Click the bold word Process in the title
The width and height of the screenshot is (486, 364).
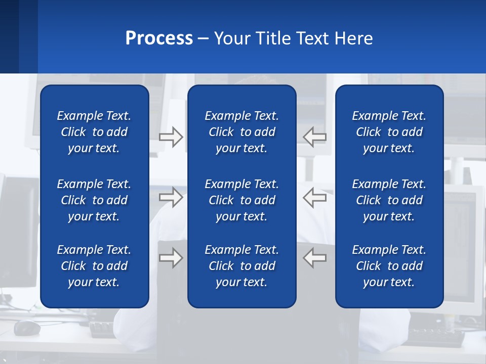tap(159, 38)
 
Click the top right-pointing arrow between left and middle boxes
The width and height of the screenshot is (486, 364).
tap(171, 137)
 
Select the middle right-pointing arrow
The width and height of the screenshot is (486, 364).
tap(171, 197)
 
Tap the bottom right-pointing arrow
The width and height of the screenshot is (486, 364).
tap(171, 258)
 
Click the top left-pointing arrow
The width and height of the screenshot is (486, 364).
tap(315, 137)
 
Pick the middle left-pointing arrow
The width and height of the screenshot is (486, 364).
tap(315, 197)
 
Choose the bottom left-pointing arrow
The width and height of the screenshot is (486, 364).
tap(315, 258)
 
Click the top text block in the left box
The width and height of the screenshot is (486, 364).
tap(94, 132)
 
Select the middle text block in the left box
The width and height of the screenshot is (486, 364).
tap(94, 200)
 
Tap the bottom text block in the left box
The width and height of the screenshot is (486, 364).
tap(94, 266)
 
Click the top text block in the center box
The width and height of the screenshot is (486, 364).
tap(241, 132)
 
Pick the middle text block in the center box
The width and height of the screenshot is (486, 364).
tap(241, 200)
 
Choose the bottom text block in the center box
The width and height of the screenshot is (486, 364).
tap(241, 266)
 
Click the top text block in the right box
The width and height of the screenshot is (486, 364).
tap(389, 132)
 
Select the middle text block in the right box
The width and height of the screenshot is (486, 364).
tap(389, 200)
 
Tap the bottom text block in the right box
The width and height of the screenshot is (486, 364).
tap(389, 266)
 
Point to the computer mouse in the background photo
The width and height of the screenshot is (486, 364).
tap(27, 328)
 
